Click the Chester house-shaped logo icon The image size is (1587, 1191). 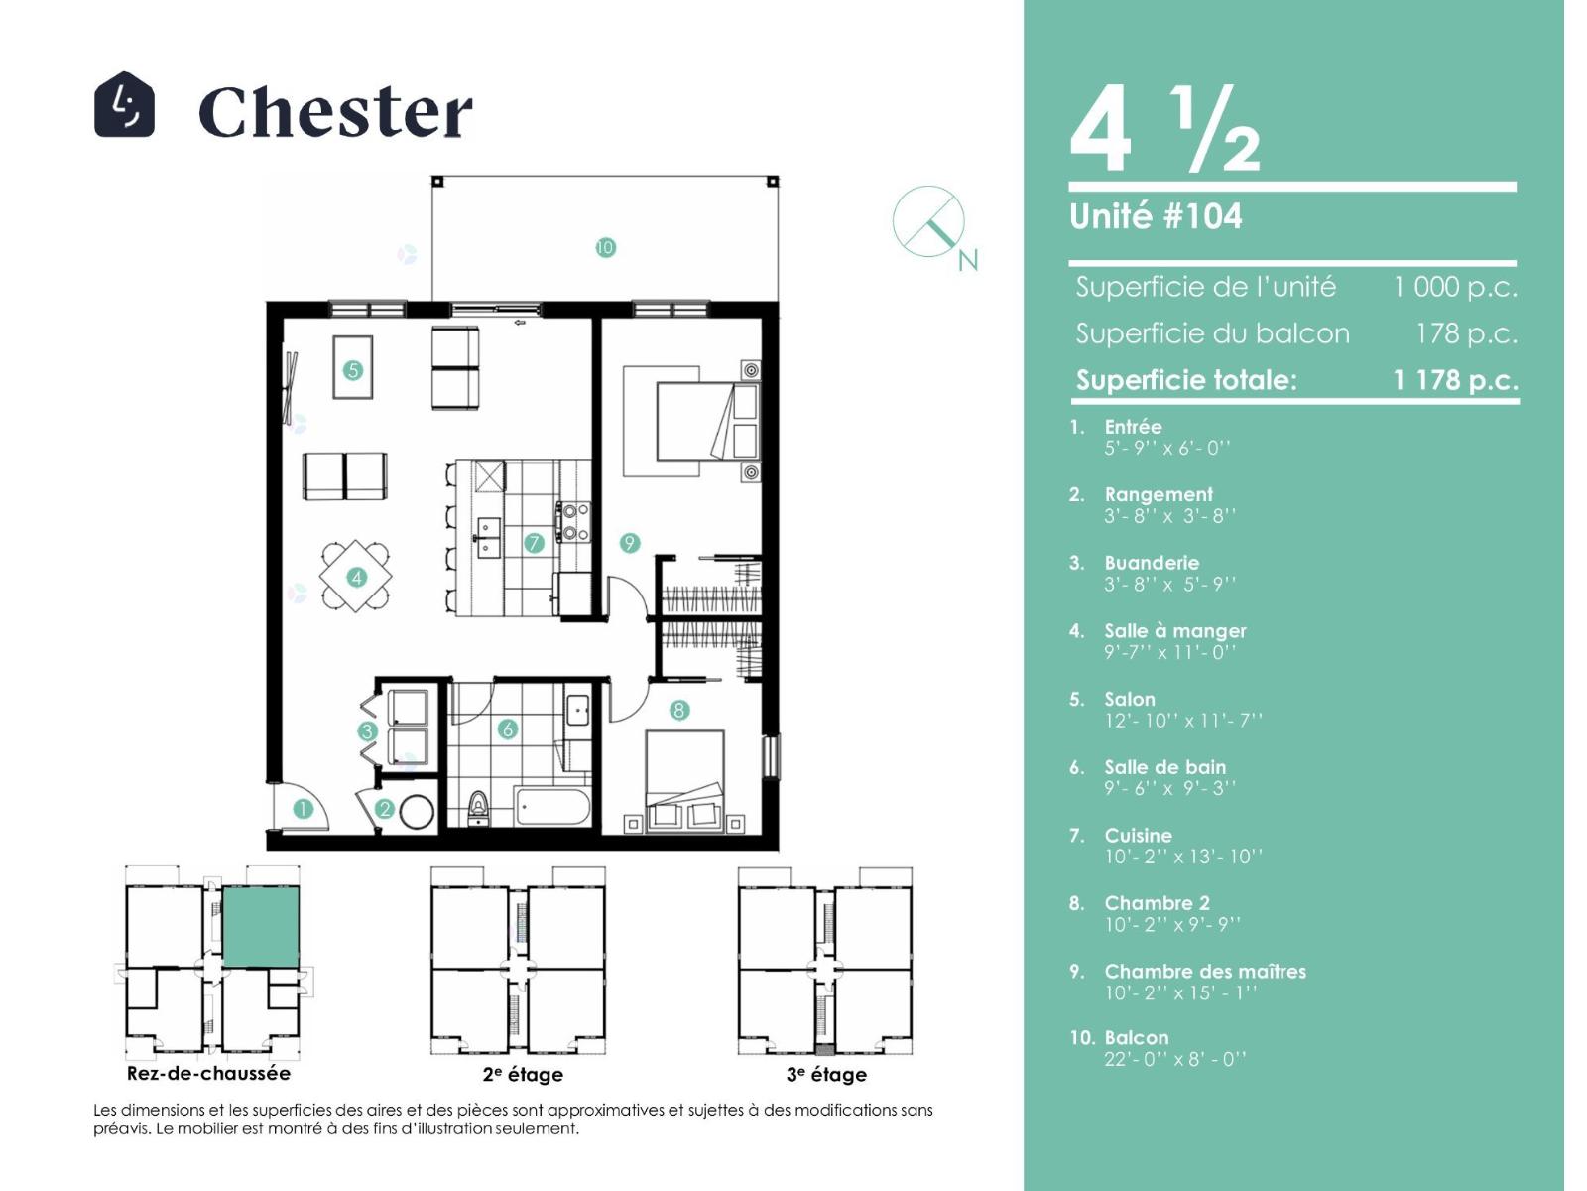point(124,105)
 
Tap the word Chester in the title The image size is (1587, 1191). point(335,111)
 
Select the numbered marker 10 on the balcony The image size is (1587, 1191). point(605,248)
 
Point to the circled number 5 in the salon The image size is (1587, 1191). point(353,370)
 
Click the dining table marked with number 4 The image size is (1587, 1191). point(356,577)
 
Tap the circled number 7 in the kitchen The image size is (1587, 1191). point(534,542)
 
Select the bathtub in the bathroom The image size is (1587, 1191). point(553,806)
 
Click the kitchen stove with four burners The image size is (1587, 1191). point(573,522)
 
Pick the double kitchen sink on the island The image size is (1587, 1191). point(488,537)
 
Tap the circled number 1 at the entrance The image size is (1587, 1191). point(303,809)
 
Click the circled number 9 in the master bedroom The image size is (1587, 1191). point(629,542)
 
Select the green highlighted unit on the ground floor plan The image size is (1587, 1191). point(260,927)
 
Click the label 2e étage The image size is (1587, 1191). point(523,1075)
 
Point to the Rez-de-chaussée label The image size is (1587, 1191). point(208,1073)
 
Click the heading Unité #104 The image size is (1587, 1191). point(1156,216)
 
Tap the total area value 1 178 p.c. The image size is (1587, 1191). point(1455,380)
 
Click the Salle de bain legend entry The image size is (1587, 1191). point(1164,777)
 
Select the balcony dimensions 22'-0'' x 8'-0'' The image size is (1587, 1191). point(1175,1059)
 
